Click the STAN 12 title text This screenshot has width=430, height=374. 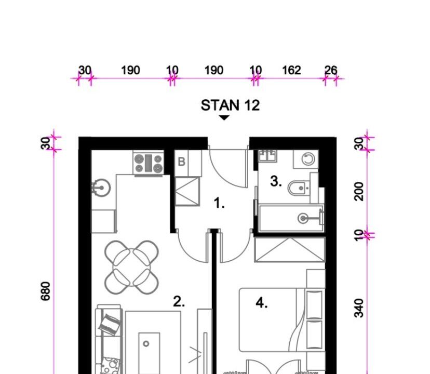click(x=230, y=105)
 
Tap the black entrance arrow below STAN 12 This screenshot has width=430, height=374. click(x=224, y=118)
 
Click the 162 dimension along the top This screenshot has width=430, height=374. click(x=291, y=70)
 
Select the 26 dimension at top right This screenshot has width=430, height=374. click(x=331, y=70)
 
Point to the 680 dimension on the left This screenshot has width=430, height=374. click(x=46, y=291)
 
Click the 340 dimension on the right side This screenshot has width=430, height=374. click(x=359, y=308)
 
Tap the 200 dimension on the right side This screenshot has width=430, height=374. click(x=359, y=192)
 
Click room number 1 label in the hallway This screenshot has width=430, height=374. click(x=219, y=203)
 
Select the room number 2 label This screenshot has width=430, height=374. click(x=179, y=302)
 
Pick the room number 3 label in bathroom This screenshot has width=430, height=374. click(x=276, y=181)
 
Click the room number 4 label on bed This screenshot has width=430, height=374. click(x=262, y=303)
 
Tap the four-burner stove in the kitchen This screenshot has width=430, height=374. click(x=149, y=163)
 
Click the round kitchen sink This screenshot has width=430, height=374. click(x=101, y=188)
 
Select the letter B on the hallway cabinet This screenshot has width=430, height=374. click(x=181, y=162)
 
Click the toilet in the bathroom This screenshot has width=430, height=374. click(x=299, y=188)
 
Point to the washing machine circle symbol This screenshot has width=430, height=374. click(x=308, y=158)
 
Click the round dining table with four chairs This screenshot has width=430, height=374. click(x=131, y=267)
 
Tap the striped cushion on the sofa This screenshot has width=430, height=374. click(x=110, y=325)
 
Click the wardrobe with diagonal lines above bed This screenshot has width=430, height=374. click(x=290, y=250)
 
